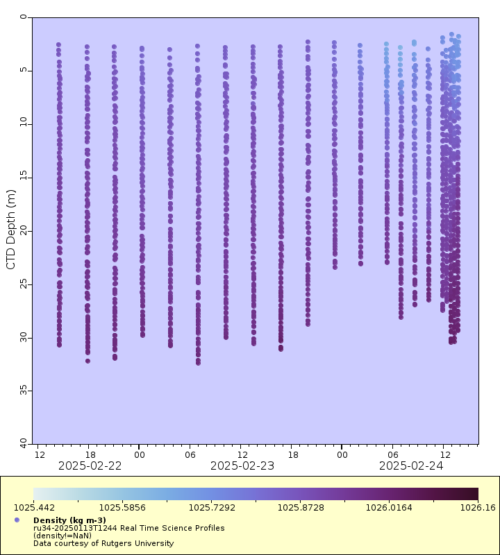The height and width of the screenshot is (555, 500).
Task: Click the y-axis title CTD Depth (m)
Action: pyautogui.click(x=11, y=229)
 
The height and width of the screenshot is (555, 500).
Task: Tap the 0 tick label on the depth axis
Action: pyautogui.click(x=24, y=17)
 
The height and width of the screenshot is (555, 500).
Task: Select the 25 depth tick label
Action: pyautogui.click(x=24, y=284)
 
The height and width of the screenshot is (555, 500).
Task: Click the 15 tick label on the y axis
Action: pyautogui.click(x=24, y=177)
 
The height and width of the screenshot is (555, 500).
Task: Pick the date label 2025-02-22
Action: pyautogui.click(x=90, y=466)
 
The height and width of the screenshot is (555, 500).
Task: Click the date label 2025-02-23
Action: pyautogui.click(x=242, y=466)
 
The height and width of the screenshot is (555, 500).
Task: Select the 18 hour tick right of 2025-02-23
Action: pyautogui.click(x=293, y=454)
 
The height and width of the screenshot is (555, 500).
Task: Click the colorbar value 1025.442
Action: pyautogui.click(x=34, y=508)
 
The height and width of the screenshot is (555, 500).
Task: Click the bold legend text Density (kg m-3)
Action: pyautogui.click(x=69, y=520)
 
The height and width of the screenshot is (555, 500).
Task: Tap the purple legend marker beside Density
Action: pyautogui.click(x=17, y=520)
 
